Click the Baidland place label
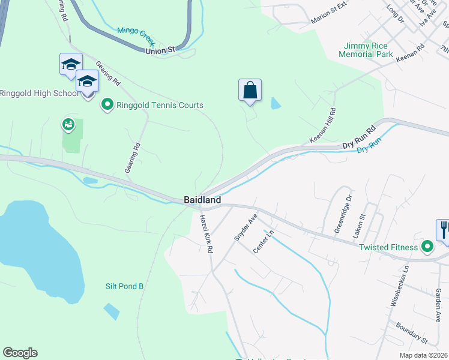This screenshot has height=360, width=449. click(202, 199)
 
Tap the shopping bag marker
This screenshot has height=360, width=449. click(250, 91)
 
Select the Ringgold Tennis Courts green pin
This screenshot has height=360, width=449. click(107, 105)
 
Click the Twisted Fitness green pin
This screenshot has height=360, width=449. click(427, 247)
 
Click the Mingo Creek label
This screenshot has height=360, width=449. click(136, 37)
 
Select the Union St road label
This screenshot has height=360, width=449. click(160, 51)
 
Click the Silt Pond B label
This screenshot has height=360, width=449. click(124, 286)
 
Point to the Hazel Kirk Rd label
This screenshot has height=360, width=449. click(206, 233)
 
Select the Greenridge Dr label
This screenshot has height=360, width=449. click(342, 214)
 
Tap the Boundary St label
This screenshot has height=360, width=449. click(411, 333)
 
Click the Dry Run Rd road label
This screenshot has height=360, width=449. click(358, 137)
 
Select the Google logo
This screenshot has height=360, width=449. click(20, 353)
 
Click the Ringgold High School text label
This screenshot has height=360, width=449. click(38, 93)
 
